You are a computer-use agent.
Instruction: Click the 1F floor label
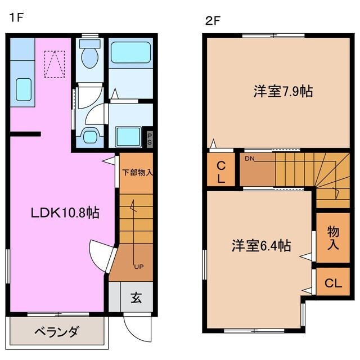15,17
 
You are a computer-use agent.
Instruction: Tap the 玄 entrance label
136,298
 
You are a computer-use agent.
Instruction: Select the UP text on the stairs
137,266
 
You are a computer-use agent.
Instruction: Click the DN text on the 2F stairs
250,159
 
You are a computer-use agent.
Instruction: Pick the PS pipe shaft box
150,138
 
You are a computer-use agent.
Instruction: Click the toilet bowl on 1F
88,56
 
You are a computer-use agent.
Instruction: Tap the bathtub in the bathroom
130,53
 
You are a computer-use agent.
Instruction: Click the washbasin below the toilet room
90,136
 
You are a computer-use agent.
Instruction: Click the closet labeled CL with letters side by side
332,283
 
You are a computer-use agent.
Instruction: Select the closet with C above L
221,171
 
